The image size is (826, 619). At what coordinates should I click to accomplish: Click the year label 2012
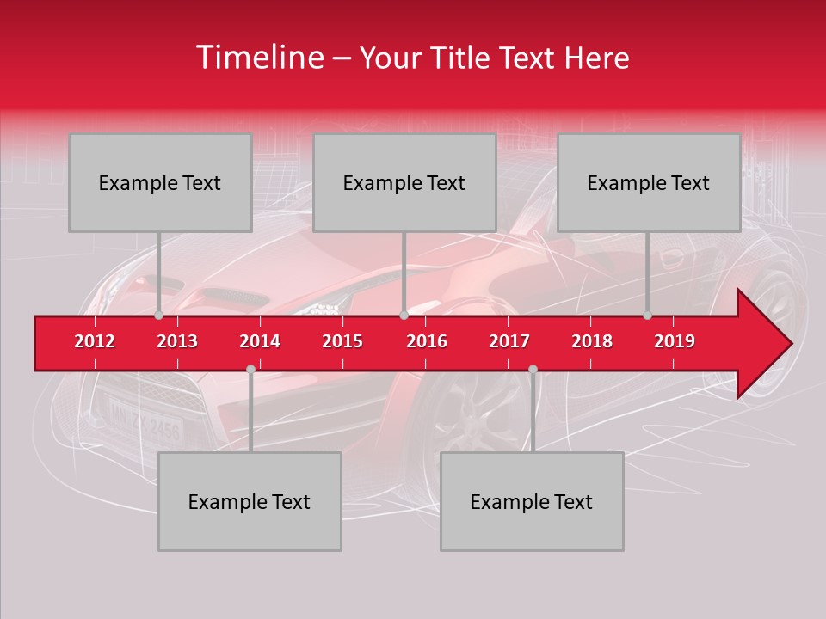point(95,341)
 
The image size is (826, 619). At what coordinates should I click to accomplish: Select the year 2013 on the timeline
point(177,341)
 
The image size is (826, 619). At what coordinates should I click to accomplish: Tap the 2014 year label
point(260,341)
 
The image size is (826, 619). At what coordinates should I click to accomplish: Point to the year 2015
point(342,341)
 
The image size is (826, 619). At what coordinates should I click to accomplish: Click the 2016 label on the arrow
point(427,341)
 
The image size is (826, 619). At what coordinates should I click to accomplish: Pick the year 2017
point(509,341)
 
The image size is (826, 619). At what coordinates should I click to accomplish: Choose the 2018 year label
point(592,341)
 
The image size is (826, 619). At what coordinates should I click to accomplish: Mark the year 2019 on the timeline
point(675,341)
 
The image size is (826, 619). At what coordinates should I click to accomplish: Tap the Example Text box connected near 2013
point(160,182)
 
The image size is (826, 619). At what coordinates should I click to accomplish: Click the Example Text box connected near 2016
point(404,182)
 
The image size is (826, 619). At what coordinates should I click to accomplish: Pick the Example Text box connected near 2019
point(649,182)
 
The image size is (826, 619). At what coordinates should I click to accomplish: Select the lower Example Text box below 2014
point(250,501)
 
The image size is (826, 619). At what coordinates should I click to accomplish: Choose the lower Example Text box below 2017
point(532,501)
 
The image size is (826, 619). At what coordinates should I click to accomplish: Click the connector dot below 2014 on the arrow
point(250,369)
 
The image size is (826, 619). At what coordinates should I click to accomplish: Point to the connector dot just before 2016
point(404,316)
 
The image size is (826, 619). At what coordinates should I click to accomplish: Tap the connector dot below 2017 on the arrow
point(533,369)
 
